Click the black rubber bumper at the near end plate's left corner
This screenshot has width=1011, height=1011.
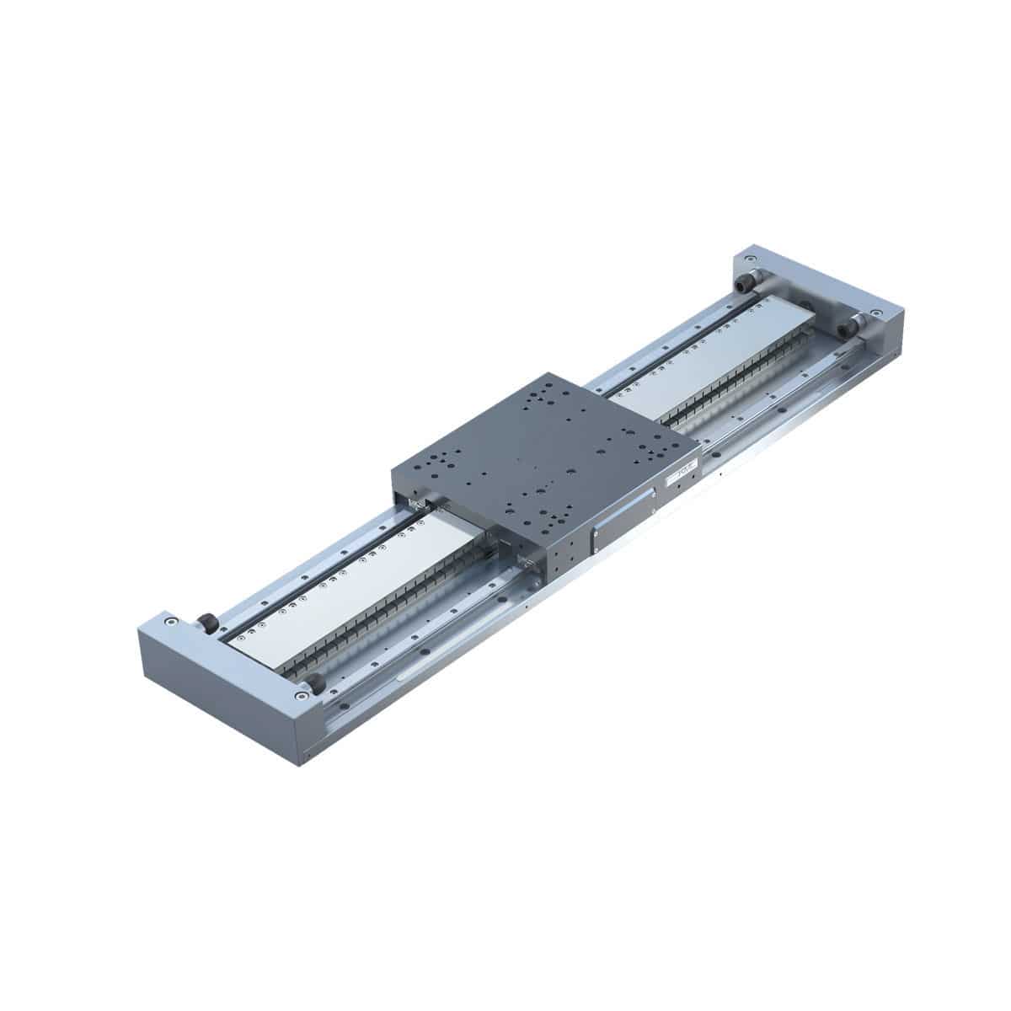point(207,623)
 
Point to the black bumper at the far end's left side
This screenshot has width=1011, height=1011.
point(745,286)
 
